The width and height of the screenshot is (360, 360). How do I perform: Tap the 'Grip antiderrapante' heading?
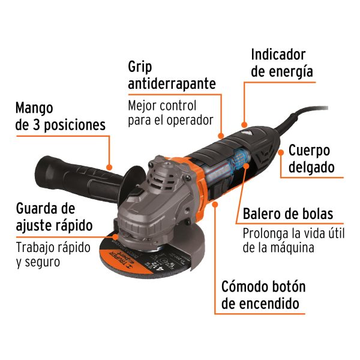click(x=172, y=74)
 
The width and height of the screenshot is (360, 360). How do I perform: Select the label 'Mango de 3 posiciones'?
click(x=60, y=116)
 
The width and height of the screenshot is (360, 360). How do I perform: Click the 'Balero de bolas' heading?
click(x=287, y=214)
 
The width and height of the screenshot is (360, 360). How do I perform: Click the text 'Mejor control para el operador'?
click(x=170, y=113)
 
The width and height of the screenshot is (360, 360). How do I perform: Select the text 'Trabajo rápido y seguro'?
click(x=53, y=254)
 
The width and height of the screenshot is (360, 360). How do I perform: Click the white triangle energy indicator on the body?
click(x=245, y=128)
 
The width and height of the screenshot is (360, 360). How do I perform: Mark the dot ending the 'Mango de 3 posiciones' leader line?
click(x=110, y=167)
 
